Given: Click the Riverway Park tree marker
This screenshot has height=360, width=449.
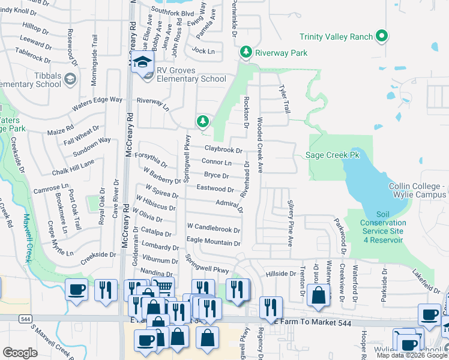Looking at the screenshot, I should tap(246, 53).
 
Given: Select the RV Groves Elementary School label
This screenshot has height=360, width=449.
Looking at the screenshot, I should tap(191, 79).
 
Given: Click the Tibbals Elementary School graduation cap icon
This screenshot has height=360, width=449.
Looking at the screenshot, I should tap(70, 79).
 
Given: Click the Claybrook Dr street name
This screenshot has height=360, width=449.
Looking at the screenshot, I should tap(223, 149).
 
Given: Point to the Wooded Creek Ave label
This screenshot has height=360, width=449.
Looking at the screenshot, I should tap(260, 141).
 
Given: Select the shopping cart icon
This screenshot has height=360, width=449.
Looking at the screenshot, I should tap(163, 287).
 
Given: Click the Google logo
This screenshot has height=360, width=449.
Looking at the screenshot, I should tap(20, 353).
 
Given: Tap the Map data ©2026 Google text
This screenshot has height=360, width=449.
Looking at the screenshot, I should tap(412, 355).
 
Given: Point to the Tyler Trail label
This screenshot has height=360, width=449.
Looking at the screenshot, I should tap(283, 98).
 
